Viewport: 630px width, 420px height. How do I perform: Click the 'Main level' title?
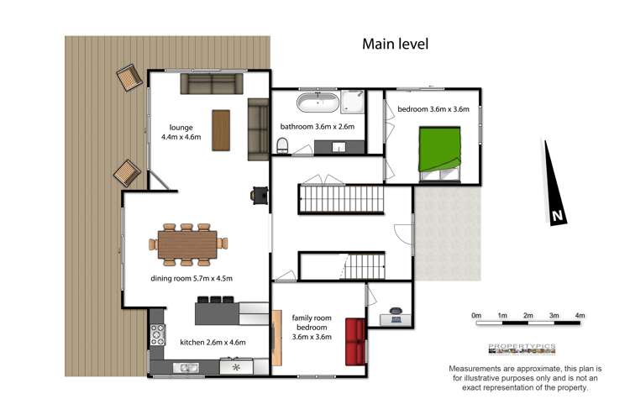(x=395, y=44)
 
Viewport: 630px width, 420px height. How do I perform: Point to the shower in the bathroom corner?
(x=353, y=102)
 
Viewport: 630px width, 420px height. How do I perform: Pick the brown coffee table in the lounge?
(x=220, y=130)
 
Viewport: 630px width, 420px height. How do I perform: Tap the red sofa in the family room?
(x=354, y=342)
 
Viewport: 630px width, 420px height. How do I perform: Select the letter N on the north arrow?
(x=557, y=216)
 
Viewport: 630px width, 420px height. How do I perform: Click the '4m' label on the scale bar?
(x=580, y=316)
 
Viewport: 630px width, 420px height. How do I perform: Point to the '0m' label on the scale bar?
(x=476, y=316)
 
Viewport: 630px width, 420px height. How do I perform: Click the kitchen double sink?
(x=187, y=366)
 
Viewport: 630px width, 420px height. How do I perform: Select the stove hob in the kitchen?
(x=156, y=336)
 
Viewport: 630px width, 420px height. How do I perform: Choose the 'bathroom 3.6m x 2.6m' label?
(x=317, y=127)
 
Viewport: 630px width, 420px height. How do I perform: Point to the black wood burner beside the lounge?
(x=257, y=195)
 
